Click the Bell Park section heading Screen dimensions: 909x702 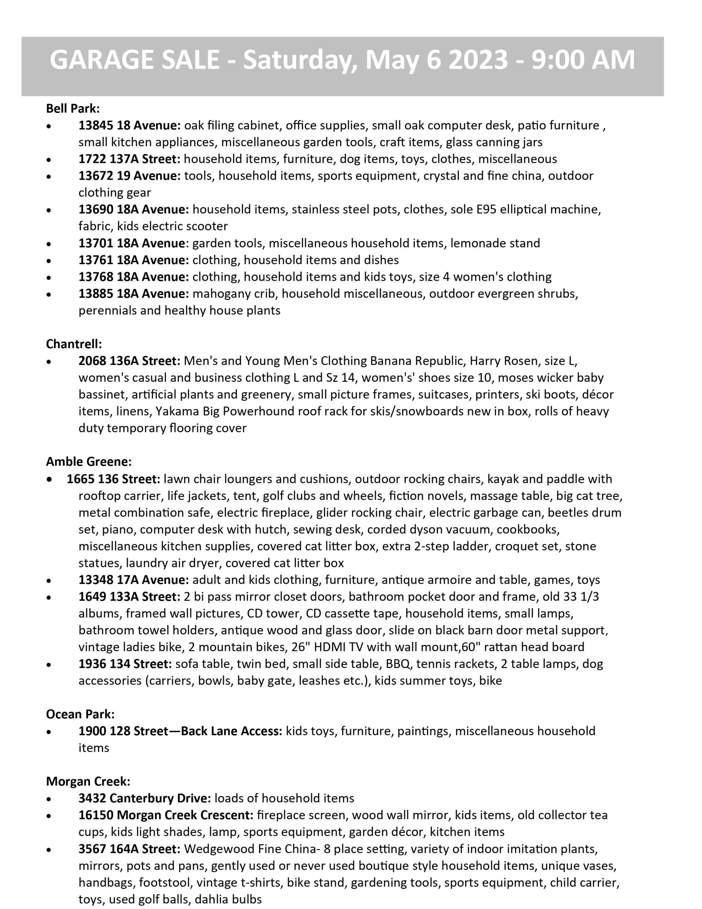coord(73,109)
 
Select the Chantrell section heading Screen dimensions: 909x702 coord(74,344)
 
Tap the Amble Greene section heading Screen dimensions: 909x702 coord(89,461)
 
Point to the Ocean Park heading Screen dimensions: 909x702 coord(80,714)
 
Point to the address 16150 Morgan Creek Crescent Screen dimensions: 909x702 coord(166,815)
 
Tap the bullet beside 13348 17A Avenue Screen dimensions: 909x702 coord(49,581)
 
